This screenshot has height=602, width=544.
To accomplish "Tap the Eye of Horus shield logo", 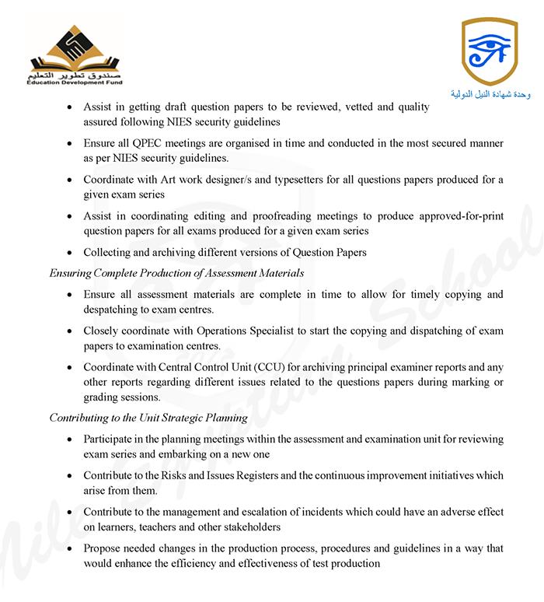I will click(489, 51).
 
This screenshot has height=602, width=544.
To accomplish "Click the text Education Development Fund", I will click(75, 82).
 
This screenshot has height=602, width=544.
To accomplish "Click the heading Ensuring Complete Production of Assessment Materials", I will click(176, 273).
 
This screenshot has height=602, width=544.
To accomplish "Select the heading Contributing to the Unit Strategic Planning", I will click(148, 418).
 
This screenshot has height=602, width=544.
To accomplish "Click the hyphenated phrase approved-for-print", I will click(449, 216).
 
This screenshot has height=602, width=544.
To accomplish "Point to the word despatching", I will click(117, 310).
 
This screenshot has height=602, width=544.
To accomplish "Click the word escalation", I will click(258, 513).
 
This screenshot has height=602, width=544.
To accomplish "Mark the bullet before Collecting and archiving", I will click(70, 253).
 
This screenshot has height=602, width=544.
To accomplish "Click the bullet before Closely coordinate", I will click(70, 331).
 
